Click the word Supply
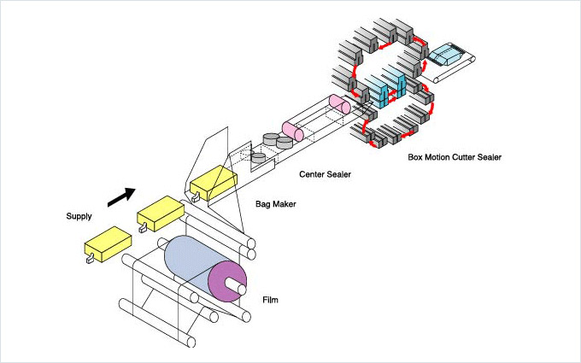tap(79, 216)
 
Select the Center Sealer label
tap(326, 174)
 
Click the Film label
tap(271, 300)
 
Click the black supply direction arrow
tap(120, 196)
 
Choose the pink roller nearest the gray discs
tap(295, 131)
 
